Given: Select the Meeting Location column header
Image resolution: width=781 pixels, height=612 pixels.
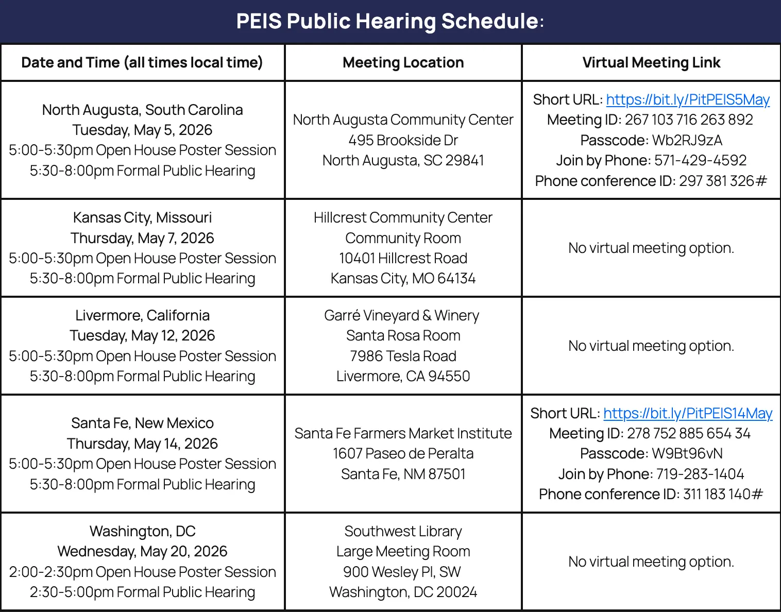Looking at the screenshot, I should [x=403, y=63].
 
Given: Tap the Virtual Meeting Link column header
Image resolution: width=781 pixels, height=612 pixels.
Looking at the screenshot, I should [x=651, y=63].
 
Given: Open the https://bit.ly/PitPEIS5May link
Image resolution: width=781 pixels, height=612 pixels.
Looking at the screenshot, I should [x=688, y=99].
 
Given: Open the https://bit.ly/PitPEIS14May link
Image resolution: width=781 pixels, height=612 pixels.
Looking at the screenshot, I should [x=688, y=413].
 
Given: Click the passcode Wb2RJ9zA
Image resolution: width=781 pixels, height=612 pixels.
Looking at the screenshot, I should [x=687, y=140].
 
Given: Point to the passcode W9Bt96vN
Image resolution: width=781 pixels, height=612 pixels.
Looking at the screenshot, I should [x=687, y=453].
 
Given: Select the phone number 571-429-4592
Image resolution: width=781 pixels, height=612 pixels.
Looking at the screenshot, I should [x=700, y=160].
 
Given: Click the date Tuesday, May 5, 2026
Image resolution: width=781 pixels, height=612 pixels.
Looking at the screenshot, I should [x=142, y=130].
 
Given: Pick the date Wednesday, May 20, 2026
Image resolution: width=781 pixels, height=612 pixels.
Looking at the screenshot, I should [x=142, y=551].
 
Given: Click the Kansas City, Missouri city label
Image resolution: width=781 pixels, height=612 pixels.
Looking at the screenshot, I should [x=142, y=217].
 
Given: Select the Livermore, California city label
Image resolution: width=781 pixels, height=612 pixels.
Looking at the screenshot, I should [x=142, y=315].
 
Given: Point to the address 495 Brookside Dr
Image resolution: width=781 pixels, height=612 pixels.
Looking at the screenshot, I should [x=403, y=140].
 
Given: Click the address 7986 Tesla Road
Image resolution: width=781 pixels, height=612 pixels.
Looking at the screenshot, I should [x=403, y=356].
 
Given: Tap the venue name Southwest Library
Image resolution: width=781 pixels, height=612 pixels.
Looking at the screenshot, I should [x=403, y=531].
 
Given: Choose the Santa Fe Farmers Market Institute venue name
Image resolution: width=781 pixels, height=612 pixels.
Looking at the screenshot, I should [x=403, y=433].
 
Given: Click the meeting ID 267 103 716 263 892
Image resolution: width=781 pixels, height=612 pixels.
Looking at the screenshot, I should [x=689, y=120].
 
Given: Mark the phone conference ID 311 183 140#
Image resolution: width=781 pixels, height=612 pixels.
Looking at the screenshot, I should [x=723, y=494].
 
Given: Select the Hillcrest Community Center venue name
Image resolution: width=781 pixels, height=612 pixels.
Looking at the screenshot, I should [x=403, y=217].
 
